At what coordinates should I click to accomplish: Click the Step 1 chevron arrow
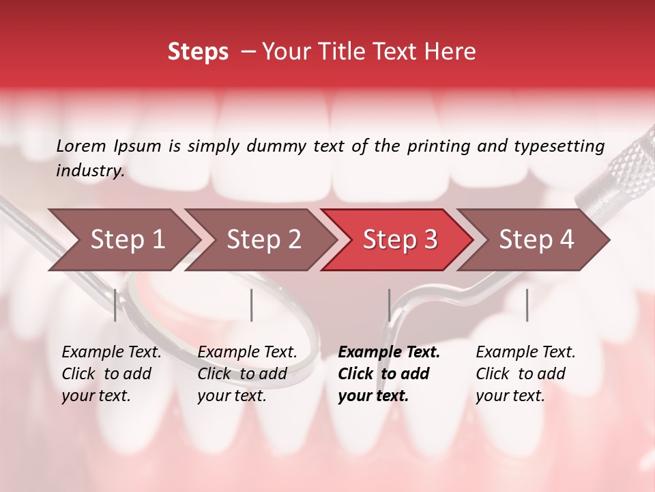pyautogui.click(x=126, y=240)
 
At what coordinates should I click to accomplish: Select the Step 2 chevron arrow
pyautogui.click(x=263, y=240)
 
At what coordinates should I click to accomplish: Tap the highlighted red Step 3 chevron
pyautogui.click(x=399, y=240)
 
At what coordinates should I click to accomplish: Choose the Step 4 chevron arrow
pyautogui.click(x=536, y=240)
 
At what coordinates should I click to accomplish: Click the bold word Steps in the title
pyautogui.click(x=198, y=52)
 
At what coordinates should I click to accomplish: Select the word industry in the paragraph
pyautogui.click(x=89, y=171)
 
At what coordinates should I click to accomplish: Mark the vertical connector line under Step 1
pyautogui.click(x=115, y=305)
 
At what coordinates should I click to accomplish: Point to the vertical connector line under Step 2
pyautogui.click(x=252, y=305)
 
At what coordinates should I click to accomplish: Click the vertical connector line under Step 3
pyautogui.click(x=389, y=305)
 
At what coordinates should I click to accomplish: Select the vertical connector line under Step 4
pyautogui.click(x=527, y=305)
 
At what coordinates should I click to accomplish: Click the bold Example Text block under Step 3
pyautogui.click(x=389, y=374)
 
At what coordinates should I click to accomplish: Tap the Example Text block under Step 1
pyautogui.click(x=111, y=374)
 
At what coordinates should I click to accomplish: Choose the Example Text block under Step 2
pyautogui.click(x=247, y=374)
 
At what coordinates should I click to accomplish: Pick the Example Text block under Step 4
pyautogui.click(x=525, y=374)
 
